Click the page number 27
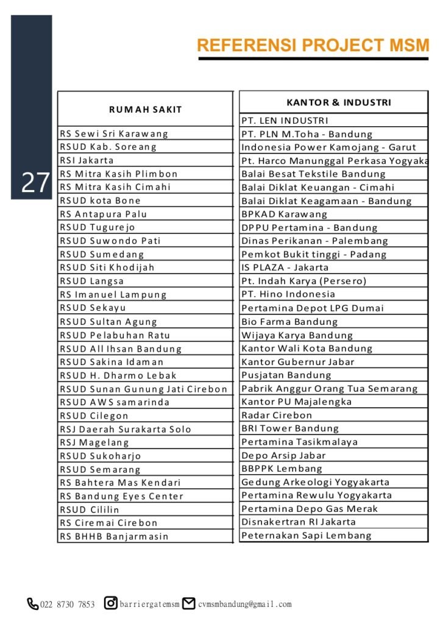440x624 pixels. click(35, 183)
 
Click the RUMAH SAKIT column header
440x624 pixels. click(145, 109)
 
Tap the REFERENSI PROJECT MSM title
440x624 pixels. click(313, 46)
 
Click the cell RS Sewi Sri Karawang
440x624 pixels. click(113, 133)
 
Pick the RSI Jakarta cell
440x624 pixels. click(87, 160)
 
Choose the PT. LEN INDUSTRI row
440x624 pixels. click(285, 121)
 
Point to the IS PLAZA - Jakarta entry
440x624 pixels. click(285, 267)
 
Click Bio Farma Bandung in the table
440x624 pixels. click(289, 321)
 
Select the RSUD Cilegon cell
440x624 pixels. click(94, 416)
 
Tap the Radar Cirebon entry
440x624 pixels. click(277, 415)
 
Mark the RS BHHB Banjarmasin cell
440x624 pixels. click(114, 536)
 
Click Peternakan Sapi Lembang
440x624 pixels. click(306, 536)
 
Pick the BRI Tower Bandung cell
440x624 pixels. click(289, 428)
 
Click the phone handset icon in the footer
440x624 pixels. click(32, 604)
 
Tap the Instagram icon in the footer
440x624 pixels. click(111, 603)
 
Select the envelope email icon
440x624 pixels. click(189, 603)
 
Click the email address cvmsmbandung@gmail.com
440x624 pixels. click(244, 604)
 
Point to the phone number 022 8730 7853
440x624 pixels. click(67, 604)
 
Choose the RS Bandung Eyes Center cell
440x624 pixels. click(121, 496)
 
